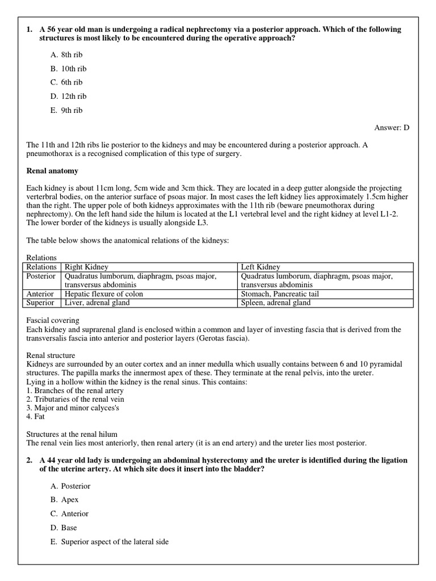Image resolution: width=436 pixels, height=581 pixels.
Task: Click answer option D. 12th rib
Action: pos(68,96)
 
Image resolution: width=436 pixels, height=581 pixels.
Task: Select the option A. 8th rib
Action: pos(66,54)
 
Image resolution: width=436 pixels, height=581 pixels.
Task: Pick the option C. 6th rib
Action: pos(66,82)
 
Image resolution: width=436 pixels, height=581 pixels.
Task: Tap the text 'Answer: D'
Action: pos(392,128)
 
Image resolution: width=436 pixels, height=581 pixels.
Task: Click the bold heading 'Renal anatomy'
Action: pos(52,171)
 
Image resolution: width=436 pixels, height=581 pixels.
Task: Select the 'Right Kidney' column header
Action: pos(86,267)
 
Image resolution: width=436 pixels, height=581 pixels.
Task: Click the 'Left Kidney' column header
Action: pos(261,267)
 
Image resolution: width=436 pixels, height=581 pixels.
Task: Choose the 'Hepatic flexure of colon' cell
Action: pos(104,294)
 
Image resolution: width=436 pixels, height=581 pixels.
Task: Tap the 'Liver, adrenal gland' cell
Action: pos(97,303)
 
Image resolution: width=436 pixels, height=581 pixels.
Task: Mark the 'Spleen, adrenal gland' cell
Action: pos(276,303)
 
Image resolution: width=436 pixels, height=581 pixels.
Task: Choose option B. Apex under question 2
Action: pos(64,500)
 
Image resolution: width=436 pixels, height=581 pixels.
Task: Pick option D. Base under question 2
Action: pos(64,528)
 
